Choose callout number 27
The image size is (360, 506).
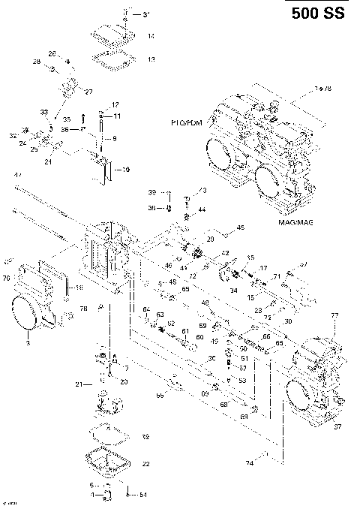coord(88,92)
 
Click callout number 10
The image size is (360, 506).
coord(125,169)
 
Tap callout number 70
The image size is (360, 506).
coord(7,279)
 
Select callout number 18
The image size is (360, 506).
coord(79,288)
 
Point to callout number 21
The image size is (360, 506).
coord(78,384)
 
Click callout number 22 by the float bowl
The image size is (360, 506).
coord(146,463)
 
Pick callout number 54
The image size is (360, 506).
coord(144,495)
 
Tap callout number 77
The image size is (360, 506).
coord(335,315)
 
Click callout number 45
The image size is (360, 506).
coord(240,227)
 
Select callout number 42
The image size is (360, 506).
coord(224,254)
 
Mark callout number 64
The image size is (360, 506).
coord(146,309)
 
